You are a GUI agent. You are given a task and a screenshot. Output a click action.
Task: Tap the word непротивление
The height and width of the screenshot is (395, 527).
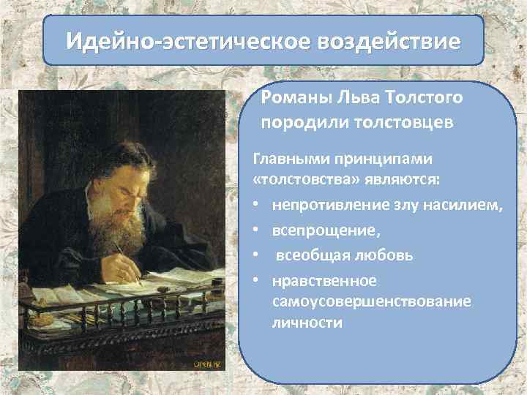pyautogui.click(x=325, y=208)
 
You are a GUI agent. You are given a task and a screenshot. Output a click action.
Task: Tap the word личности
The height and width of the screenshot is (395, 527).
pyautogui.click(x=307, y=322)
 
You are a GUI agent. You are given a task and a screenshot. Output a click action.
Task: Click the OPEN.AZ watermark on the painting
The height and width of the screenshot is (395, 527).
pyautogui.click(x=207, y=363)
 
